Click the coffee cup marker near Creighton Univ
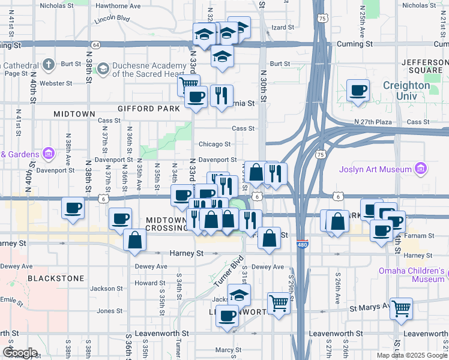[x=358, y=91]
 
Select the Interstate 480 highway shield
[x=303, y=244]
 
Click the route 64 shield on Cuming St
[x=96, y=45]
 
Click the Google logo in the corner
[x=19, y=353]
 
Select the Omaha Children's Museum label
[x=411, y=275]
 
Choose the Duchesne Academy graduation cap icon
[x=103, y=68]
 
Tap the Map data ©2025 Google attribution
[x=412, y=355]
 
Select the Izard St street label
[x=284, y=28]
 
